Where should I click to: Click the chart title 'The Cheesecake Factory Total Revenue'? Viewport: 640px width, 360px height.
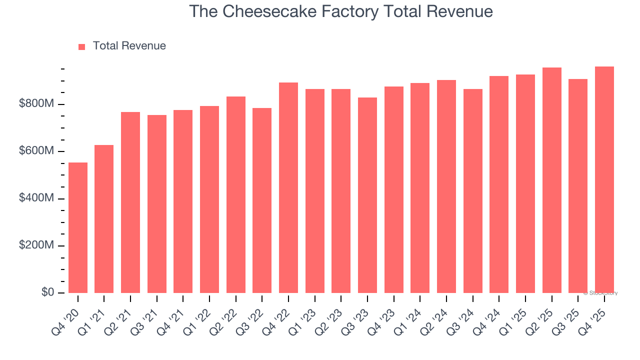[x=341, y=11]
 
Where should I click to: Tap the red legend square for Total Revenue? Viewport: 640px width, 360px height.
[x=82, y=46]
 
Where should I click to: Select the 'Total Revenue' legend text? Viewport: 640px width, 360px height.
[x=129, y=46]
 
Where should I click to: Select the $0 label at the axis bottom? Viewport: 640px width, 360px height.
[x=47, y=292]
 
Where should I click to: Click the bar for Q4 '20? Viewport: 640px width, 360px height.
[x=78, y=227]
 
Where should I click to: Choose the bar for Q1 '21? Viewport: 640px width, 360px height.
[x=104, y=219]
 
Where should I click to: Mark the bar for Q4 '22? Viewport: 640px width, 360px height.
[x=288, y=187]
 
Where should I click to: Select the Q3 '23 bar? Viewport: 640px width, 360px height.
[x=367, y=195]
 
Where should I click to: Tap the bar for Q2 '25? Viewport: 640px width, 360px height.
[x=552, y=180]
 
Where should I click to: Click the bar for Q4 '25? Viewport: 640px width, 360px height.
[x=604, y=179]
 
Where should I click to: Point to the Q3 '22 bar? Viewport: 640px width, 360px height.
[x=262, y=200]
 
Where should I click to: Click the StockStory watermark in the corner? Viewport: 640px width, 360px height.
[x=600, y=293]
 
